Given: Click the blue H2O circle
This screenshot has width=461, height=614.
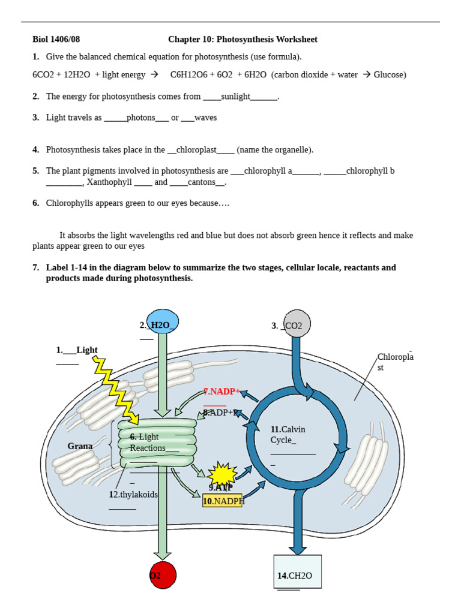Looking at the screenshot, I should (x=162, y=321).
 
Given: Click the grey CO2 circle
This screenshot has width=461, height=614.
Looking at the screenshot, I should (x=297, y=324).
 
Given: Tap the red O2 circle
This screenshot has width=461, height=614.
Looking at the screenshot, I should (x=163, y=575).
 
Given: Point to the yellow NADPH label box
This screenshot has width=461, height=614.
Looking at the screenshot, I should (x=223, y=501).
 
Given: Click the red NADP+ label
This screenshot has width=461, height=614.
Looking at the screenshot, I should (x=221, y=392).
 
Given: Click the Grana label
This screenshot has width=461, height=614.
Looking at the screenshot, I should (x=80, y=446).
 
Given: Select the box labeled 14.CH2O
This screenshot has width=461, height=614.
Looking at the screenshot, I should (x=297, y=571).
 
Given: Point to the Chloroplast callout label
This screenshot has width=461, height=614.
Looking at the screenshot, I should (x=395, y=362).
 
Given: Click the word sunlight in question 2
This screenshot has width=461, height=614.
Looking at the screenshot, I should (x=235, y=96).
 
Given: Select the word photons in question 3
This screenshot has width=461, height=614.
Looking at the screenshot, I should (x=140, y=118).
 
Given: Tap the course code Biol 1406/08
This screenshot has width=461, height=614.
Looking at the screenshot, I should (x=56, y=40).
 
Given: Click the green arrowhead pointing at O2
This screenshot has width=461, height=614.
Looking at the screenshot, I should (x=163, y=555).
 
